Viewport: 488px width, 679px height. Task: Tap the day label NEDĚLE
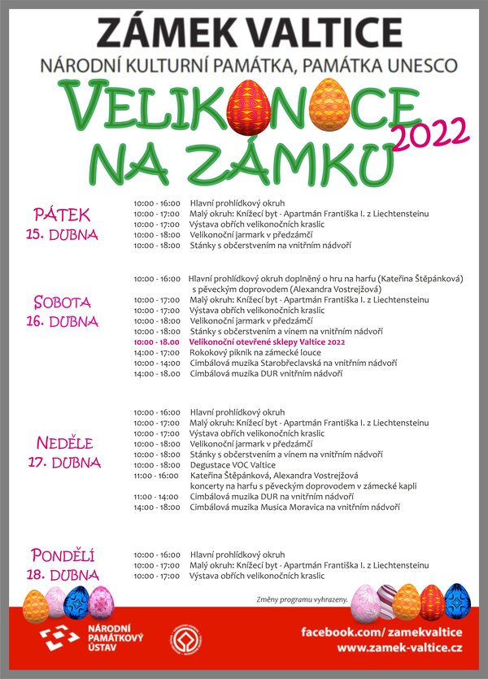click(66, 443)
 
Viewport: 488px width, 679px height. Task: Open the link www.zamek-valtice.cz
click(399, 647)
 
